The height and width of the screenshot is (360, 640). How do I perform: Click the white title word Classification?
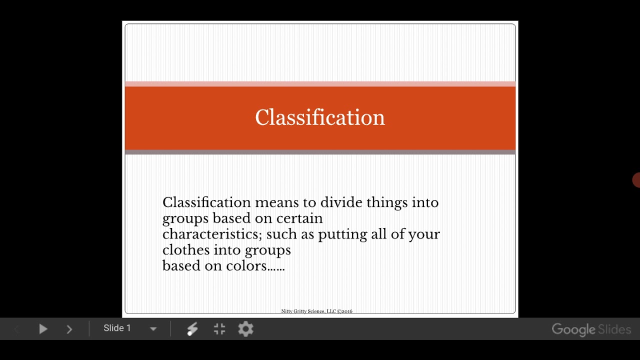(x=320, y=117)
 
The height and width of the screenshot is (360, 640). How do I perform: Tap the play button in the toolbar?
(x=43, y=329)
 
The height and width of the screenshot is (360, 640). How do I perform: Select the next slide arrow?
(x=69, y=329)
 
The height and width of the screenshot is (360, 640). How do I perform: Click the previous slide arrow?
(x=16, y=329)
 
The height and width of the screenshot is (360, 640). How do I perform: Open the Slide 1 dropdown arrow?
(x=153, y=329)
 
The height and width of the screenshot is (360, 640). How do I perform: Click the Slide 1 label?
(x=117, y=328)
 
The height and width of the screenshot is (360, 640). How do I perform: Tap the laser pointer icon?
(x=192, y=329)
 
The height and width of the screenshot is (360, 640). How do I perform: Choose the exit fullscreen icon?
(x=219, y=329)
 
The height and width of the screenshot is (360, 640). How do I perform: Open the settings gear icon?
(x=245, y=329)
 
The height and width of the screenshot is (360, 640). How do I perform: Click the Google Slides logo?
(x=591, y=329)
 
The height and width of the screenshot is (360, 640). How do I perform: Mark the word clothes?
(x=186, y=249)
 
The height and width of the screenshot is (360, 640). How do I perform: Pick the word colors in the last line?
(x=246, y=265)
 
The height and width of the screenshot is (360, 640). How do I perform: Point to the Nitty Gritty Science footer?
(x=316, y=311)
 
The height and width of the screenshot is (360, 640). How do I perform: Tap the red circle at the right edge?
(x=636, y=180)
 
